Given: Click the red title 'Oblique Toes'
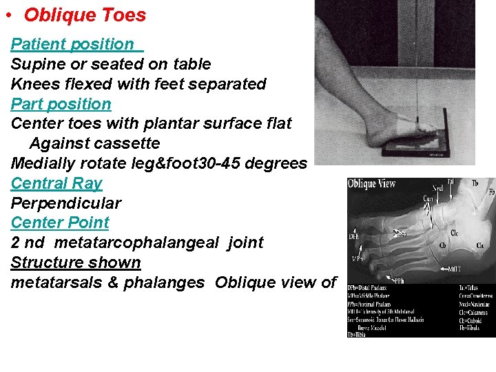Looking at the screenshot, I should pyautogui.click(x=85, y=15).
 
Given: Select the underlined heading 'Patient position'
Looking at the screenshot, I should pyautogui.click(x=72, y=44).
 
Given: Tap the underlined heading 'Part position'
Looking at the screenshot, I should pyautogui.click(x=61, y=104).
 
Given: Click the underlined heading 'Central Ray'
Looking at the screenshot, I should pyautogui.click(x=56, y=183).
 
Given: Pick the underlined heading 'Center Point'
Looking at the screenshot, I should pyautogui.click(x=60, y=223).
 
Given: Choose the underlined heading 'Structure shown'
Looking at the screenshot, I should pyautogui.click(x=76, y=262).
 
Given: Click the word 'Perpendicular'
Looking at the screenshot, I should pyautogui.click(x=66, y=203).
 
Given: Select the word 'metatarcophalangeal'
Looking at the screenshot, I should pyautogui.click(x=144, y=242).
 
